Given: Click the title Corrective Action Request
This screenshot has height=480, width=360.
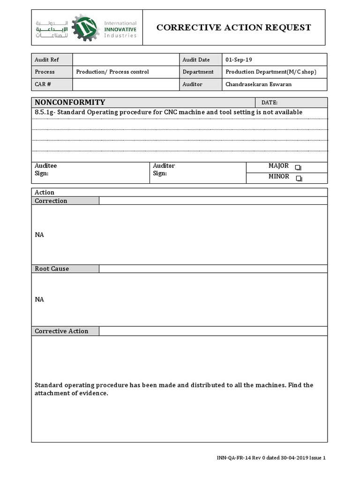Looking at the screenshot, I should (233, 28).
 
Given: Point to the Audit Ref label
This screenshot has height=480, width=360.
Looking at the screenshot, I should (46, 60).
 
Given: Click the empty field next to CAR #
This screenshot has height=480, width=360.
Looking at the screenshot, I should (125, 84).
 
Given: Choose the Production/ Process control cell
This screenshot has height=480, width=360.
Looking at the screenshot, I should (112, 72).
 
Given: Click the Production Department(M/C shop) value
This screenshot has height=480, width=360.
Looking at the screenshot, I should (271, 72).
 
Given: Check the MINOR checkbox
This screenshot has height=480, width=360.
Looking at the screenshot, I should (299, 178).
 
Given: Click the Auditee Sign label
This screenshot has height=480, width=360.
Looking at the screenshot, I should (45, 169).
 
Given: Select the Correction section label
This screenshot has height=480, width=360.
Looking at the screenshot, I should (51, 201).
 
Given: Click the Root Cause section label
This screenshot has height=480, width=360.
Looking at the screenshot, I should (52, 269).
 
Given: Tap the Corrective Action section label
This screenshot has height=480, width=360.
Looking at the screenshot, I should (61, 331).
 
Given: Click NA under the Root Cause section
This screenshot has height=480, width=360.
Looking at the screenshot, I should (39, 299).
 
